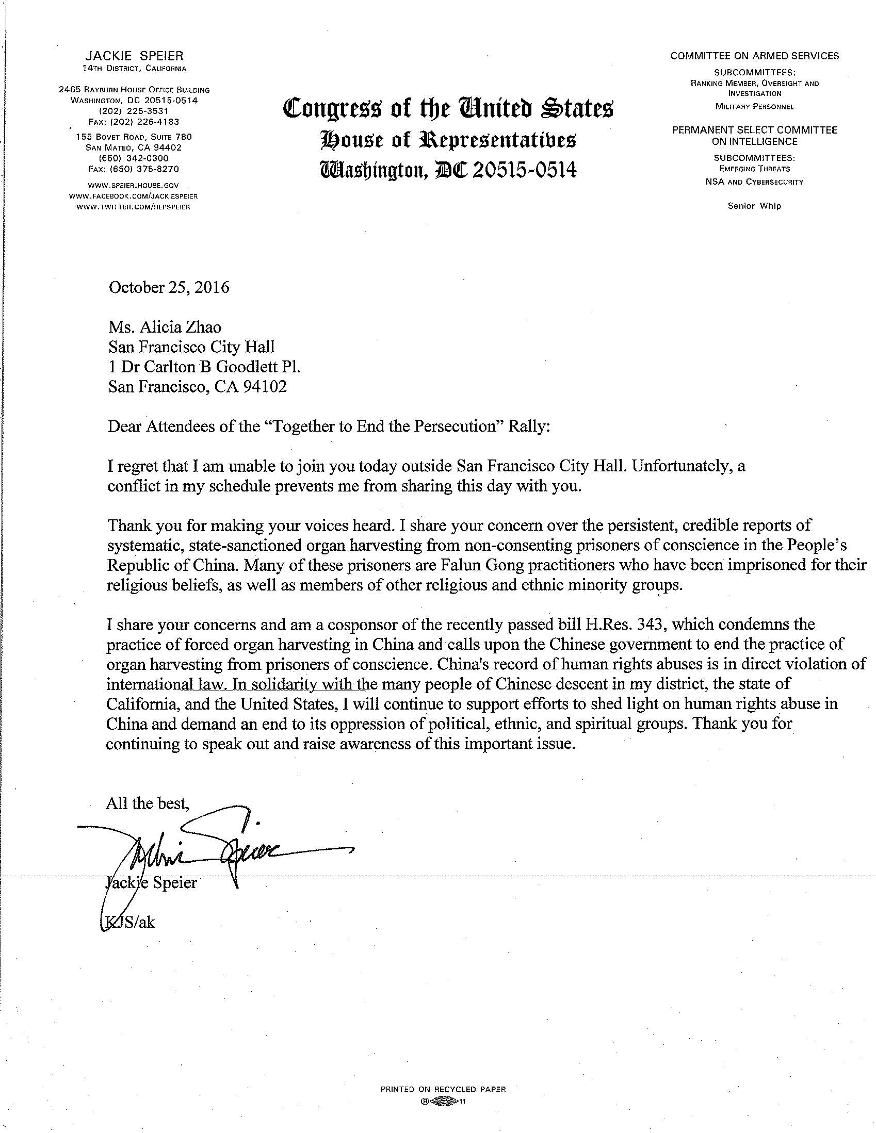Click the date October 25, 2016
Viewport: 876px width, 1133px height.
coord(169,287)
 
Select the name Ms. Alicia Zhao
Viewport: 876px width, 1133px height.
coord(165,327)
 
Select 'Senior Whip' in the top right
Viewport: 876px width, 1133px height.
coord(754,206)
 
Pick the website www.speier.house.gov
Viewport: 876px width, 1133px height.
coord(134,185)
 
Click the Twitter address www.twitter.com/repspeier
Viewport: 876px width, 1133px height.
coord(134,207)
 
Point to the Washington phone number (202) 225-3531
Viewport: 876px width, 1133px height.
coord(134,111)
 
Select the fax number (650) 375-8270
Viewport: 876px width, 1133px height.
coord(134,169)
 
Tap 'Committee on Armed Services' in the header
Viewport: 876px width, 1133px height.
coord(755,56)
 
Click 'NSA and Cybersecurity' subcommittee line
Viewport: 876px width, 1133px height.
coord(754,182)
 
